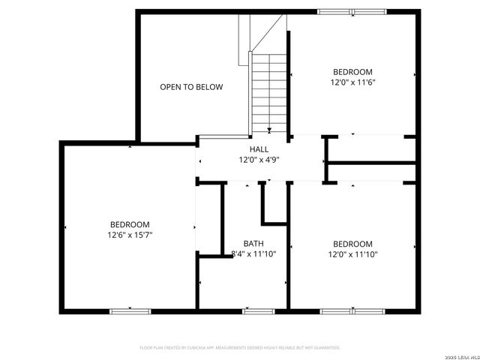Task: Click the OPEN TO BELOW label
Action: (191, 87)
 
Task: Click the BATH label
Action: (253, 244)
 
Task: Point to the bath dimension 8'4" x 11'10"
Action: (253, 254)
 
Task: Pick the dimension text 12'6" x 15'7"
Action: (130, 235)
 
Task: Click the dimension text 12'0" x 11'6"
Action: (352, 82)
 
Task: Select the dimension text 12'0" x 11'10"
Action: (352, 254)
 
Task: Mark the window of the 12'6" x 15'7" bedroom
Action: (130, 310)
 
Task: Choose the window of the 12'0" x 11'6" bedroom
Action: (352, 11)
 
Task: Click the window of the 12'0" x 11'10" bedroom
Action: (352, 310)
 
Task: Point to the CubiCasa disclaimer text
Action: (240, 348)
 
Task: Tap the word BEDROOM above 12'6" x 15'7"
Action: (130, 224)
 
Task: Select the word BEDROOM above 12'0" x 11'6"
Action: (352, 72)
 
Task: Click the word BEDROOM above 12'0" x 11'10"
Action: (352, 244)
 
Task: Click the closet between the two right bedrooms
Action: (371, 149)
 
